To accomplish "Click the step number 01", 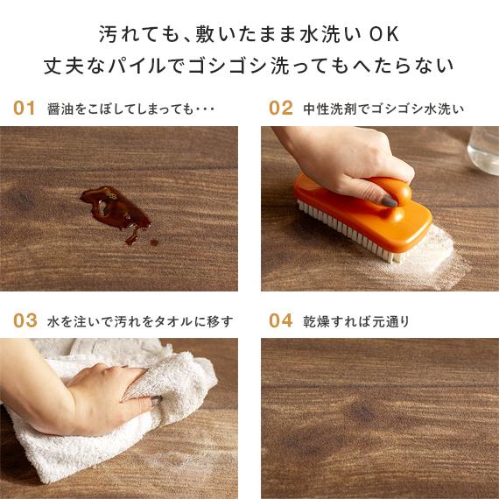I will (25, 109).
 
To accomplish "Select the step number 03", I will (25, 320).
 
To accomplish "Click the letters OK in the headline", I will (383, 36).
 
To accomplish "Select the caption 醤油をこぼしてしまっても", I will (131, 109).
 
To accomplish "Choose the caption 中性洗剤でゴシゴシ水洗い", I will (383, 109).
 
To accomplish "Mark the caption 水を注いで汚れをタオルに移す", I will (140, 321).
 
